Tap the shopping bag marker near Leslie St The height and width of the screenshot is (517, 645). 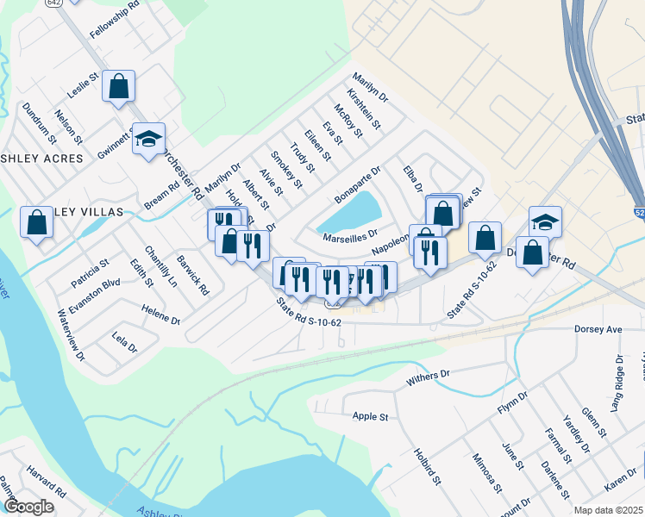119,86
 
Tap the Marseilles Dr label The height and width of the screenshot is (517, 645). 350,234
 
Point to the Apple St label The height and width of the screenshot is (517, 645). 371,416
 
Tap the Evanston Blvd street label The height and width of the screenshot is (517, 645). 99,288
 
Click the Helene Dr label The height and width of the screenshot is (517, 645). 161,320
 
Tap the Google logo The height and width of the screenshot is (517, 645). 29,507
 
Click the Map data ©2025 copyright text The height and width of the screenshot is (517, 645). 608,510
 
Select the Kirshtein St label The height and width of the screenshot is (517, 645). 364,109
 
